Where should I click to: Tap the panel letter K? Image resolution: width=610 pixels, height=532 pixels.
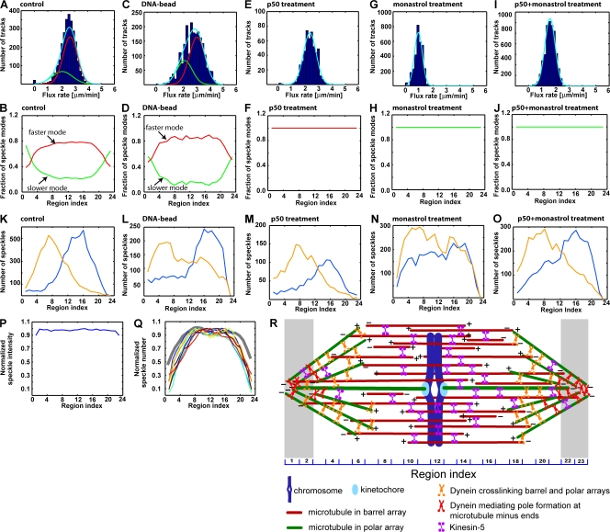click(x=6, y=221)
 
